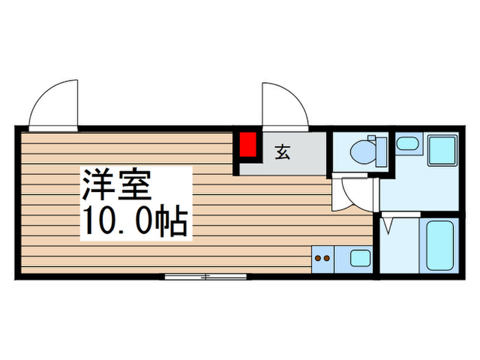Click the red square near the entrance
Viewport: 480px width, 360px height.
pyautogui.click(x=248, y=144)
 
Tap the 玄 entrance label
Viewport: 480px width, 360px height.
pyautogui.click(x=283, y=152)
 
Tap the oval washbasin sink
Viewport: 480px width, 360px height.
pyautogui.click(x=407, y=144)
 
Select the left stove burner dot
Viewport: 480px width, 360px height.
pyautogui.click(x=318, y=259)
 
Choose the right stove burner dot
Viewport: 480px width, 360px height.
pyautogui.click(x=327, y=259)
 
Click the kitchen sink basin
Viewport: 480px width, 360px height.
pyautogui.click(x=360, y=259)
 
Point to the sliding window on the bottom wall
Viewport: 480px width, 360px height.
pyautogui.click(x=205, y=277)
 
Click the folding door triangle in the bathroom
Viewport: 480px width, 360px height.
pyautogui.click(x=388, y=224)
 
